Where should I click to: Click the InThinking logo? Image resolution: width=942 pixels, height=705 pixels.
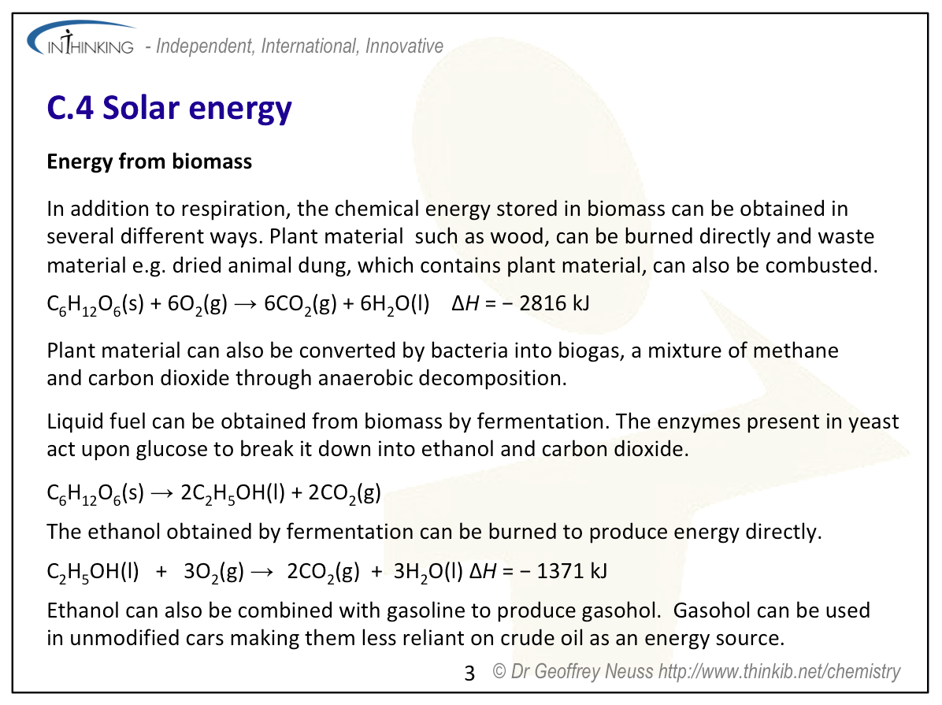[81, 39]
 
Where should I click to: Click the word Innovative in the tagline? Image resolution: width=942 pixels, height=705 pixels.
[404, 46]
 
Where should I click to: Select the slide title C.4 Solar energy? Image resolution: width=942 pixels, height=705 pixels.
[169, 109]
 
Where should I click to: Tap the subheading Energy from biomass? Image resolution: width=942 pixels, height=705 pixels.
[150, 161]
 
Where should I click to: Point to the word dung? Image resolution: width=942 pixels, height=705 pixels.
[326, 265]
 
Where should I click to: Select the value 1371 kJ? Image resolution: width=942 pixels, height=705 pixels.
[572, 570]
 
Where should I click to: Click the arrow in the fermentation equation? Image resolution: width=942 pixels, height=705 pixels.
[162, 493]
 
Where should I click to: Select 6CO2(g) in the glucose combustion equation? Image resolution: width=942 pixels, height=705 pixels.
[300, 304]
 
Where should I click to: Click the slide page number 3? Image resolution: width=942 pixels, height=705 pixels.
[469, 673]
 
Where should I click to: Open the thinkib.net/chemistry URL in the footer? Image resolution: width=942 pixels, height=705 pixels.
[779, 671]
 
